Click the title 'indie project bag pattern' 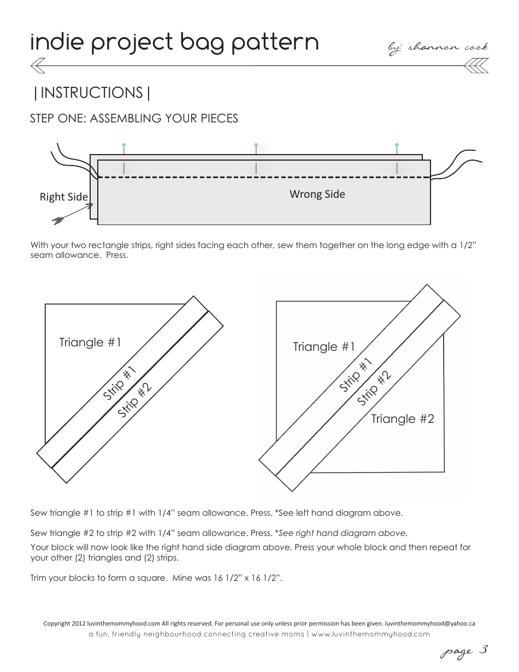click(x=174, y=43)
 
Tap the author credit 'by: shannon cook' click(x=438, y=48)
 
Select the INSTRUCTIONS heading click(x=92, y=93)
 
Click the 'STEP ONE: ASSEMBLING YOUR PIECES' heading click(x=134, y=119)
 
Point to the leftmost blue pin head click(x=125, y=145)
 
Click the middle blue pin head click(x=256, y=145)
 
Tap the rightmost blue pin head click(x=397, y=145)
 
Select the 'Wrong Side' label click(x=317, y=194)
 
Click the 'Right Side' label click(x=63, y=197)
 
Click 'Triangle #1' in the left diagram click(x=90, y=343)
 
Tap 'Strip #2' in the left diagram click(x=134, y=401)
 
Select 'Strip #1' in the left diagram click(x=119, y=384)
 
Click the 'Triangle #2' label click(x=403, y=419)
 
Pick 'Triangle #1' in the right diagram click(x=324, y=347)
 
